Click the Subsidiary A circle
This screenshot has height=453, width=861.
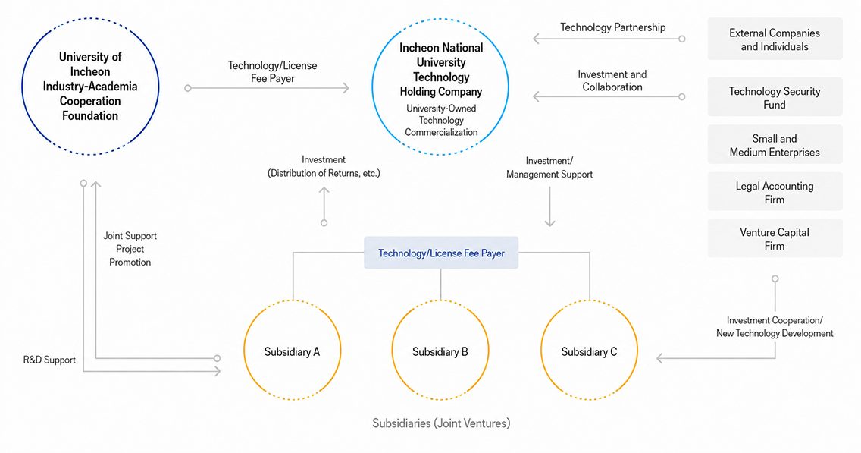pos(244,351)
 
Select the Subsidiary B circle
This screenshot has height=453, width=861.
pos(392,351)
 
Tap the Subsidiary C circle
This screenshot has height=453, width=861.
pos(541,351)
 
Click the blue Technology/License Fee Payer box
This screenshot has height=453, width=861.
pos(441,253)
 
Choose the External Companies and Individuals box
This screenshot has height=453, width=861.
pos(775,39)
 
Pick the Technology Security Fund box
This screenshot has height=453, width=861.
pos(775,97)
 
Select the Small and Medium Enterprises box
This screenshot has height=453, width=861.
pos(775,145)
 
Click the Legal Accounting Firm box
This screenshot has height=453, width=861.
pos(775,192)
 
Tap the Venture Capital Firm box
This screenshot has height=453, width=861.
pos(775,238)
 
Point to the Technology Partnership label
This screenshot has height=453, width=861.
pos(613,27)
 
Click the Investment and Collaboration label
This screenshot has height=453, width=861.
pos(612,80)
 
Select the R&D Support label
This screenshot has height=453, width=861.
pos(49,360)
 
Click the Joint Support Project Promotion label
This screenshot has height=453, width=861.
pos(130,249)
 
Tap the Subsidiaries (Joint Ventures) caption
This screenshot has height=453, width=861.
pos(441,423)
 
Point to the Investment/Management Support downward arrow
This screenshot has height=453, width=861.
pos(549,206)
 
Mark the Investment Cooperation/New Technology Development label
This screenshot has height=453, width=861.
pos(775,326)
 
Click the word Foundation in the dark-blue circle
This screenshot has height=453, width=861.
pos(90,115)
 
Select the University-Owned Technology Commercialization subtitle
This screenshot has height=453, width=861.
pos(441,120)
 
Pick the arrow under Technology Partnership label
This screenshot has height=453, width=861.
pos(609,39)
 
